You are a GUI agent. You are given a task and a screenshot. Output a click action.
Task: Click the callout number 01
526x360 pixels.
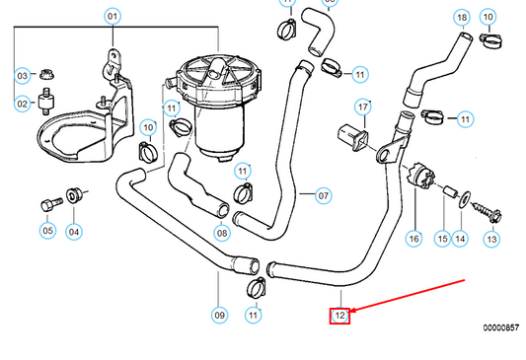(112, 17)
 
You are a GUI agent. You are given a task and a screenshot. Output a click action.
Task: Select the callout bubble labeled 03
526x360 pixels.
(22, 75)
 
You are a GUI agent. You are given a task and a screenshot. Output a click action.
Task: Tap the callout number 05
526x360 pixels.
(47, 232)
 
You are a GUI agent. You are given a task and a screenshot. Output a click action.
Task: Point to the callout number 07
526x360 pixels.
(323, 194)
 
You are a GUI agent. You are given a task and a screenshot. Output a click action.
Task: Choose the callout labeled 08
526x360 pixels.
(222, 233)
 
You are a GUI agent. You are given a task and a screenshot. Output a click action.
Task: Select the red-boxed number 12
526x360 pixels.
(339, 316)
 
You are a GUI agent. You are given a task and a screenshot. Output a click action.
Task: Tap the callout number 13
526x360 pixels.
(491, 239)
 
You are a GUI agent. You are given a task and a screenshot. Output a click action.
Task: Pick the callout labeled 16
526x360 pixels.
(413, 239)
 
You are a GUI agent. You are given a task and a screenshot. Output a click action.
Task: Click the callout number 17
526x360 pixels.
(363, 107)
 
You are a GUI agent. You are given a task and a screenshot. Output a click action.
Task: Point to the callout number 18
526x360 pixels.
(461, 18)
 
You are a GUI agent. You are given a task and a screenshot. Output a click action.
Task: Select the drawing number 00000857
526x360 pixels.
(502, 326)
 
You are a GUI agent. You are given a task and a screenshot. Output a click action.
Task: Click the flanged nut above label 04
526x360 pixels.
(73, 196)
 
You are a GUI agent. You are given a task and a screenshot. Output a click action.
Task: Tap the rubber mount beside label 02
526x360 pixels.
(45, 100)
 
